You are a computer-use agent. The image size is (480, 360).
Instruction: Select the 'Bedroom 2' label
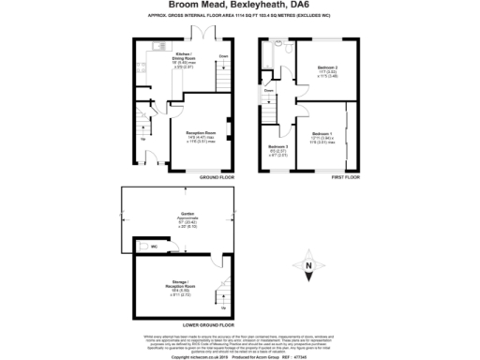(325, 69)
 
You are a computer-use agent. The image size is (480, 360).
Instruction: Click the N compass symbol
(308, 267)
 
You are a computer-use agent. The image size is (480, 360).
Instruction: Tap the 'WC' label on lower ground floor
(154, 247)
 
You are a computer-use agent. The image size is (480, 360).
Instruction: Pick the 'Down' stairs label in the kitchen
(223, 56)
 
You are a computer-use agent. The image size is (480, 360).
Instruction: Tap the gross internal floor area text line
(240, 17)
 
